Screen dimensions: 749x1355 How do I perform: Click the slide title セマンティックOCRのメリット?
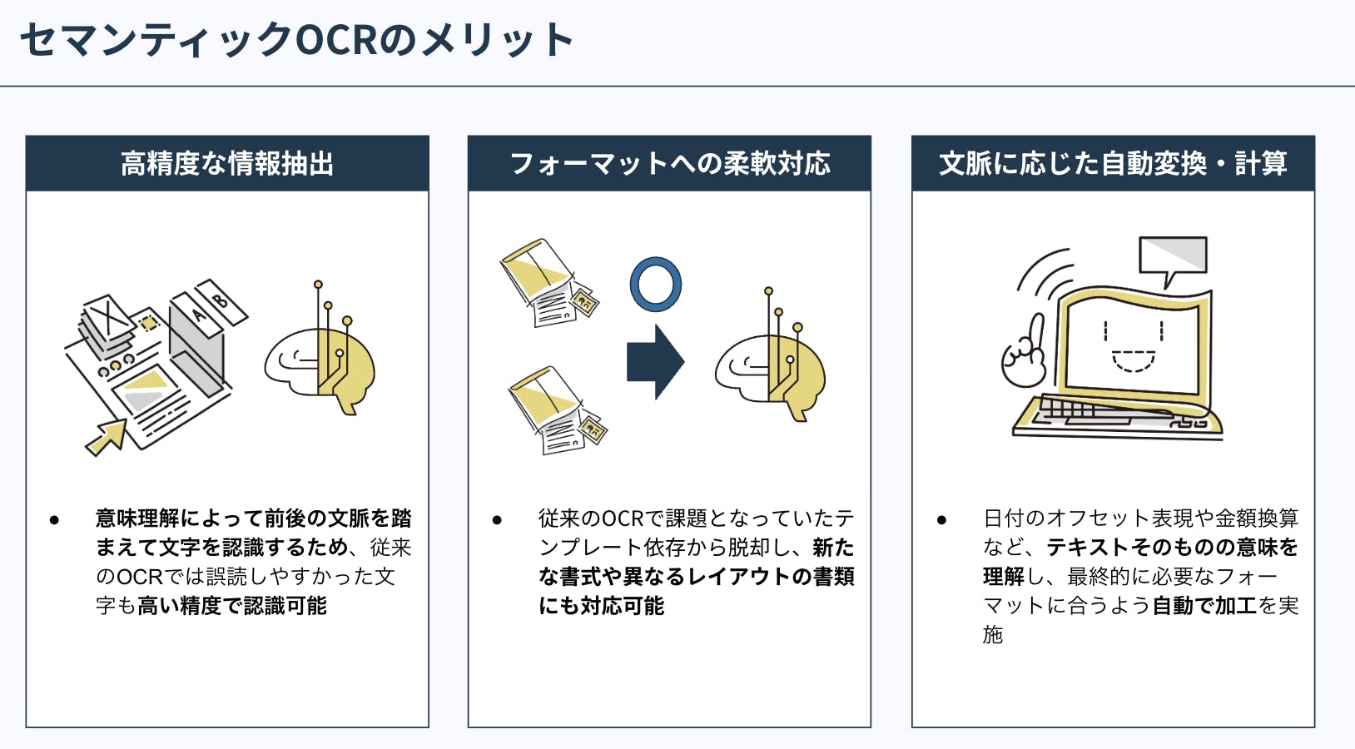point(296,40)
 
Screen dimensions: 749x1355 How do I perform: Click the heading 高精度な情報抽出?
point(227,164)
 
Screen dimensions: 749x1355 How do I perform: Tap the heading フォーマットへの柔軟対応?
point(669,164)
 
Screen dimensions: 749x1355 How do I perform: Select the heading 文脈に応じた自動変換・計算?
point(1113,164)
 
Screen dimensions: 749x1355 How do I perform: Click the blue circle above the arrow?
point(656,284)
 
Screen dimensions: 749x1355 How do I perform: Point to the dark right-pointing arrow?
point(655,362)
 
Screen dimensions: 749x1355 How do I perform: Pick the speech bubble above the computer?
point(1173,257)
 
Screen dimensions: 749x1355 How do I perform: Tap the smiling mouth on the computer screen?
point(1134,361)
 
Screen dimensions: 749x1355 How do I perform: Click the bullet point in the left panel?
point(54,520)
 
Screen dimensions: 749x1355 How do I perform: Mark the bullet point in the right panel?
point(941,520)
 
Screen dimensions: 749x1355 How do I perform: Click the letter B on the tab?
point(220,300)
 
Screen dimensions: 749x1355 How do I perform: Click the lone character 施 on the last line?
point(993,635)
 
